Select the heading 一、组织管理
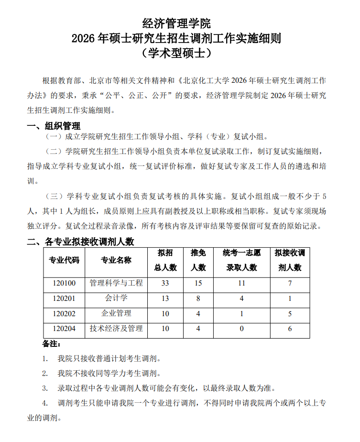(54, 126)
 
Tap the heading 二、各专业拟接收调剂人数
(80, 242)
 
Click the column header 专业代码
(64, 260)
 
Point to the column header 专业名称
(116, 260)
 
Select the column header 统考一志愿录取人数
(242, 260)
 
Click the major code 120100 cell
(64, 283)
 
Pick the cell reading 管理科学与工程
(116, 283)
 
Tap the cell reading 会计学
(116, 298)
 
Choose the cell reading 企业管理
(116, 313)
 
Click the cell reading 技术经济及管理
(116, 329)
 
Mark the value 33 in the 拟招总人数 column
(165, 283)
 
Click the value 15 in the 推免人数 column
(198, 283)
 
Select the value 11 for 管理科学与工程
(242, 283)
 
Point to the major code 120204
(64, 329)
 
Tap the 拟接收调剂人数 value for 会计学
(290, 298)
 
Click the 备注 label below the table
(51, 344)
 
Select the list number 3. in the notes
(45, 388)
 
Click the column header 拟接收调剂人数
(290, 260)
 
